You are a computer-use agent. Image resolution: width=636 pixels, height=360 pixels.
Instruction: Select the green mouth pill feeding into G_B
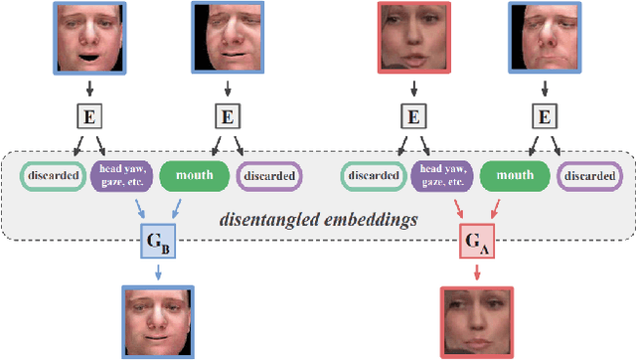[195, 176]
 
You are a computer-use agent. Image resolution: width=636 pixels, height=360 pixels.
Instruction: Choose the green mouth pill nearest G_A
[515, 176]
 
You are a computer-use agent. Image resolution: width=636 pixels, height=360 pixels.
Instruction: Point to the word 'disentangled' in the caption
[267, 218]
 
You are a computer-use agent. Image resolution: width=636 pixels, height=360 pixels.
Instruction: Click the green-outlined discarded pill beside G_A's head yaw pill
[372, 176]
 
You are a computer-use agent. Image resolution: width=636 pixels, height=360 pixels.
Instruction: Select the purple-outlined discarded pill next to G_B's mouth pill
[269, 176]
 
